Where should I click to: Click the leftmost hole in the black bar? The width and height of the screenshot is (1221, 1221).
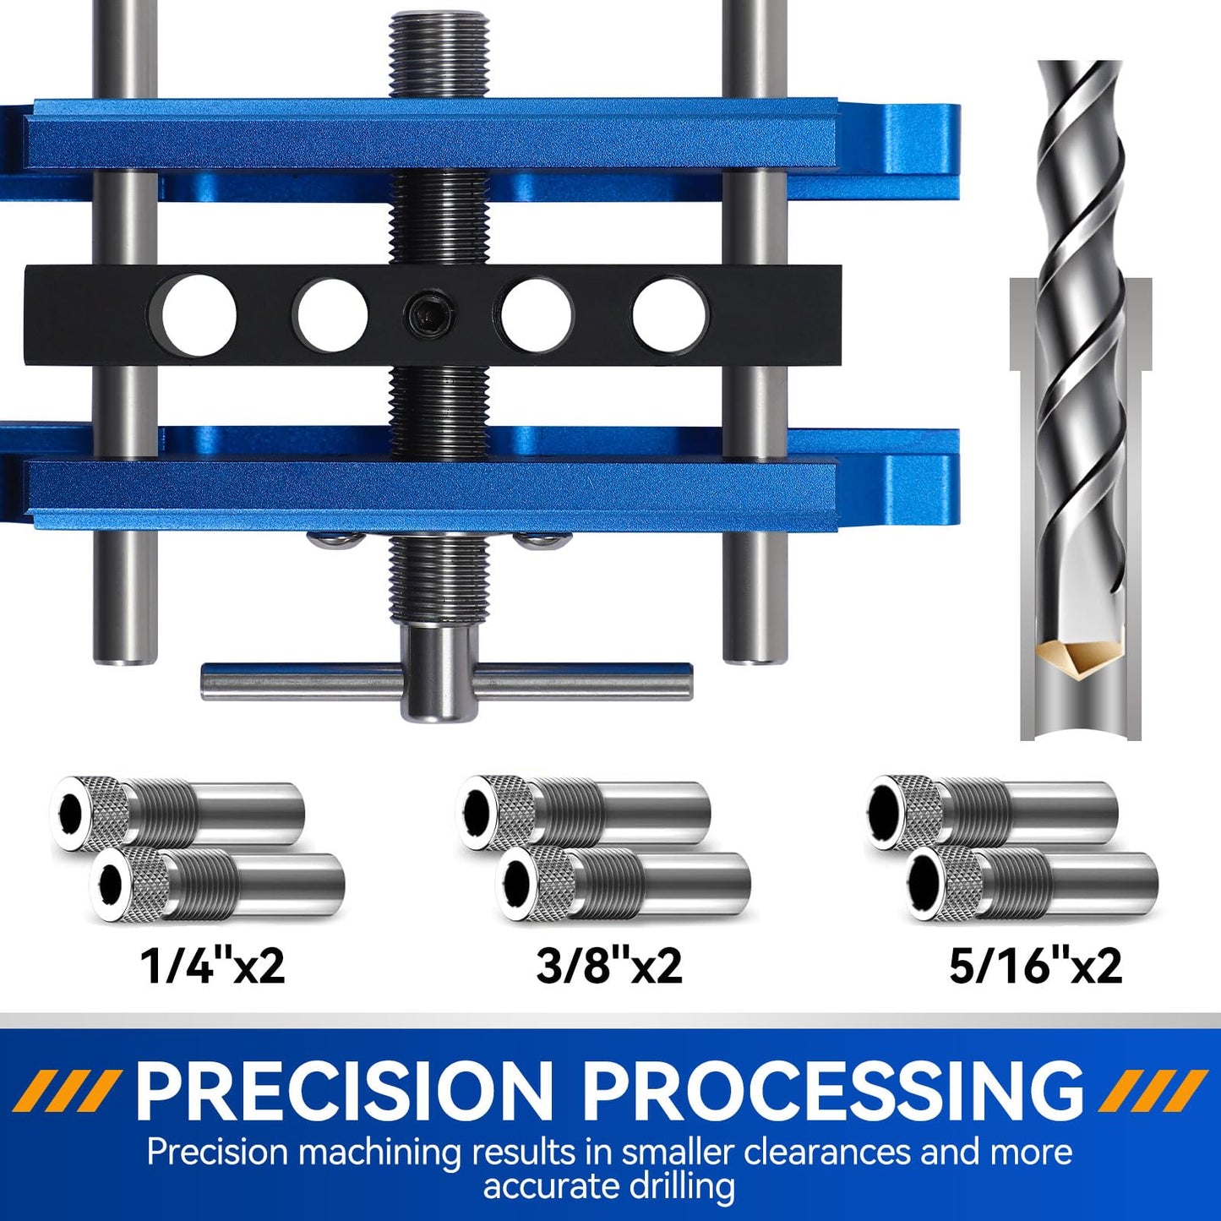[199, 315]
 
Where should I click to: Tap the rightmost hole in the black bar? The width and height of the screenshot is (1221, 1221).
[669, 315]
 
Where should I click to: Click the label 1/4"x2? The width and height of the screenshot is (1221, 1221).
[212, 965]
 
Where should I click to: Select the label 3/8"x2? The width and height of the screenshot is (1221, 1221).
[608, 965]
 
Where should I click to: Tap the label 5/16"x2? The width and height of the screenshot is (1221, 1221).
[1035, 965]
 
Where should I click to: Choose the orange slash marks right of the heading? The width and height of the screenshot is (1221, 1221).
[1153, 1091]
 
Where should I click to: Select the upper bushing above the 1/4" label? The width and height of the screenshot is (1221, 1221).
[177, 810]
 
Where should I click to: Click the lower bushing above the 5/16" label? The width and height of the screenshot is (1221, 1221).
[1031, 885]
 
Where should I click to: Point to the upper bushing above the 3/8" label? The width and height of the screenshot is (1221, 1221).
[583, 810]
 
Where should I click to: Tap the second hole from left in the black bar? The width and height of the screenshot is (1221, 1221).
[332, 315]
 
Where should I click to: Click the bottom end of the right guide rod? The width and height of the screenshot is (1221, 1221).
[755, 646]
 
